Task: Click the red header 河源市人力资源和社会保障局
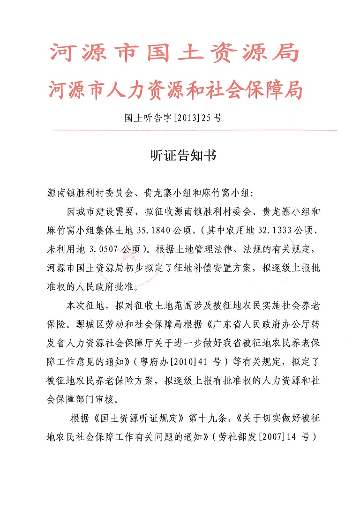click(175, 89)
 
